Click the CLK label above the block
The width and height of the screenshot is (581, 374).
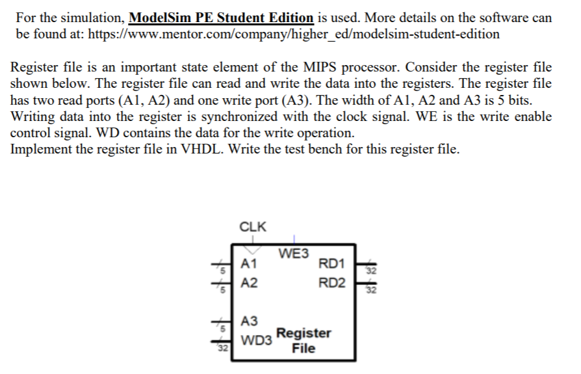[x=253, y=227]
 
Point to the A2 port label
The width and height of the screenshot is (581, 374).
[x=249, y=283]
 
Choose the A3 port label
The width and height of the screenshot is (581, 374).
[x=249, y=321]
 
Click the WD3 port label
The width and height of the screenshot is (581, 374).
[x=256, y=340]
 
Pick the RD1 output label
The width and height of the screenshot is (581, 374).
[x=332, y=263]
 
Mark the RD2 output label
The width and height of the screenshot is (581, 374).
[x=332, y=283]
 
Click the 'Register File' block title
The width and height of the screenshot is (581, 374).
[x=303, y=340]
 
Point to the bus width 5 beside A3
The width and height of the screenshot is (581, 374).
[x=221, y=329]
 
